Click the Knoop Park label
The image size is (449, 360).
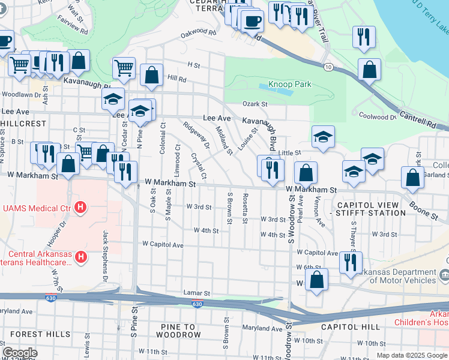click(x=290, y=84)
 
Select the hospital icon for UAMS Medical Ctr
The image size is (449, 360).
click(x=80, y=208)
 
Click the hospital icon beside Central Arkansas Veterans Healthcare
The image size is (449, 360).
click(x=81, y=258)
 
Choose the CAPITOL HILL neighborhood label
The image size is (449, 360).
click(x=350, y=327)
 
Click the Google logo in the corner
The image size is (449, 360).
click(x=20, y=352)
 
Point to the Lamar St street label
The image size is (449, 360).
click(x=196, y=293)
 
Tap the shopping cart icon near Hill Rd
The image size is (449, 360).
click(x=124, y=68)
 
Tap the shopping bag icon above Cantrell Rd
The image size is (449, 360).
click(x=369, y=69)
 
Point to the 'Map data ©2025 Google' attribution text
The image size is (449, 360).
click(x=411, y=355)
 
